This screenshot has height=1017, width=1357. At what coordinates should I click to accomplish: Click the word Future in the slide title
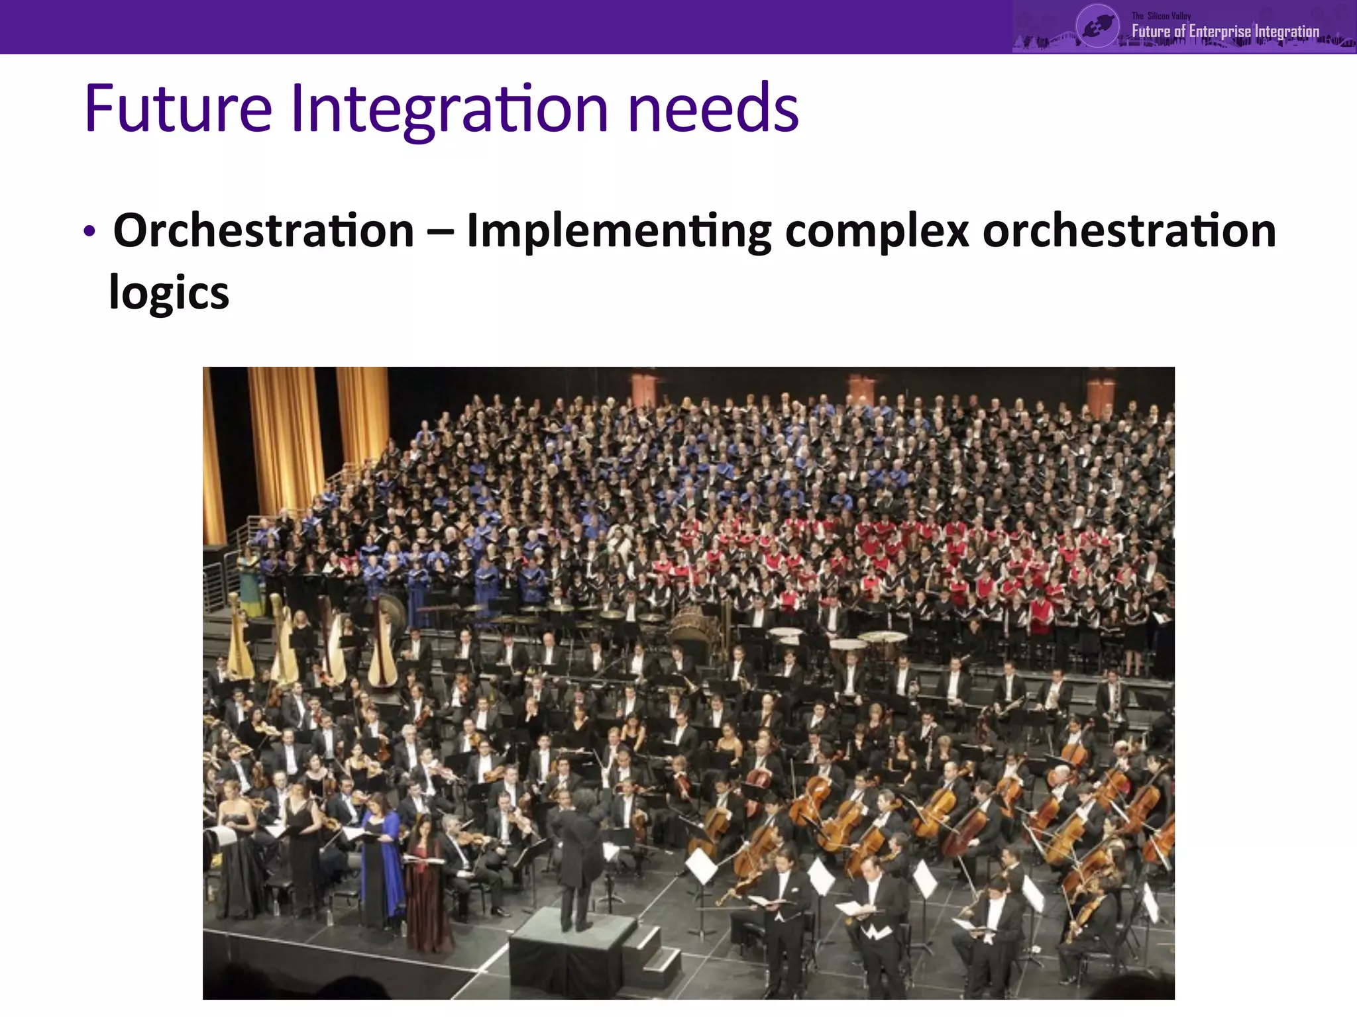(x=178, y=109)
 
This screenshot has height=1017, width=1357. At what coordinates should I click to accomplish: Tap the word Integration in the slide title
(x=449, y=109)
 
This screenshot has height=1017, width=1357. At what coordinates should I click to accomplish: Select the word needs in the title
(x=713, y=109)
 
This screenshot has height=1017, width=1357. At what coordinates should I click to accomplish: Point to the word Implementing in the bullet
(x=619, y=232)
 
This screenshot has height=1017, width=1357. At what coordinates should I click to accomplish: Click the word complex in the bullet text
(x=877, y=232)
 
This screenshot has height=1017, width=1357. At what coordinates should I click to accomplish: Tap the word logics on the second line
(x=169, y=293)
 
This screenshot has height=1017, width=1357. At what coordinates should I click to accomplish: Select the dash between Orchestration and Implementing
(x=440, y=232)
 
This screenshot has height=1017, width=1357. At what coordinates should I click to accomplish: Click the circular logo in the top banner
(x=1097, y=26)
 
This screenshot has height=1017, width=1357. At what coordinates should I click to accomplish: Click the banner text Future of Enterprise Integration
(x=1224, y=31)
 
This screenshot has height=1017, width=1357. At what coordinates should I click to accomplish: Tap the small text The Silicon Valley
(x=1161, y=15)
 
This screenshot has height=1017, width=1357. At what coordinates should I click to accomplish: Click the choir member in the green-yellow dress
(x=250, y=583)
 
